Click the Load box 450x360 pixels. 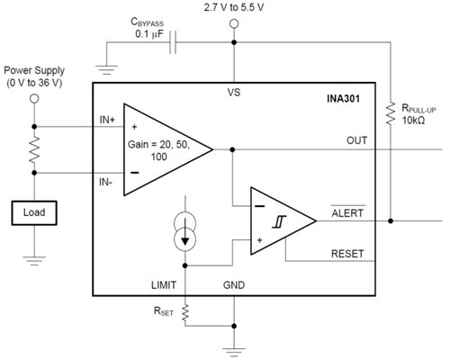[35, 213]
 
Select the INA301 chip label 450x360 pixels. [342, 97]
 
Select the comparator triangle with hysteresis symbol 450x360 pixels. [280, 220]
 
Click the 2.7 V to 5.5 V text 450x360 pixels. [236, 7]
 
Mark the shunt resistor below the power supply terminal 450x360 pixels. [35, 150]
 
